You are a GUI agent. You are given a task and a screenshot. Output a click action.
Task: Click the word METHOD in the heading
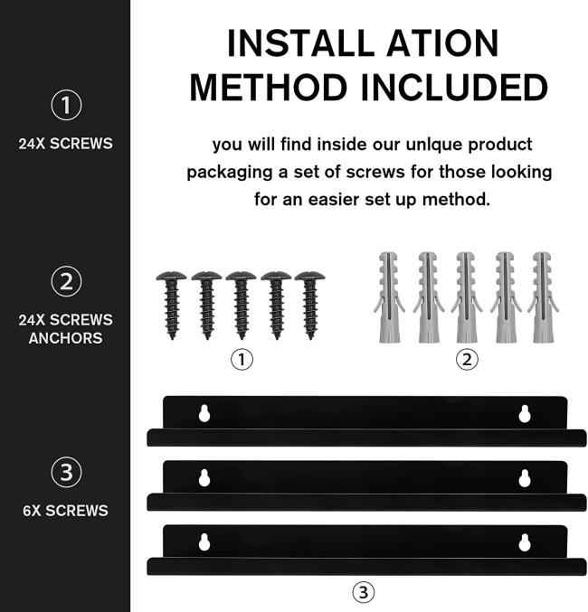coord(269,87)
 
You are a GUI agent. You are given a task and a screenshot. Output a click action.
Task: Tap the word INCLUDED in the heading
coord(454,87)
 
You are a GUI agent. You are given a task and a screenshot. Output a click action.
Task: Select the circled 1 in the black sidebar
coord(66,105)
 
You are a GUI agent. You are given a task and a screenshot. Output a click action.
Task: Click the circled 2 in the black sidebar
coord(66,281)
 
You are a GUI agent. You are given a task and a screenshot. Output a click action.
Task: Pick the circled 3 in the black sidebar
coord(66,472)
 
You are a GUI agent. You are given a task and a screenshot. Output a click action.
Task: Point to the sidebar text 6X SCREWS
coord(66,511)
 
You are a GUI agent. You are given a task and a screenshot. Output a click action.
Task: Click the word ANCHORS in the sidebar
coord(66,338)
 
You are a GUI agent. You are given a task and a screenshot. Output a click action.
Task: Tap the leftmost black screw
coord(172,306)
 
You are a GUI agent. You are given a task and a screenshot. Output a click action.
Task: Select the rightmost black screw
coord(309,306)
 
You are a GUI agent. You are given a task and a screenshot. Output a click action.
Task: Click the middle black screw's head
coord(241,276)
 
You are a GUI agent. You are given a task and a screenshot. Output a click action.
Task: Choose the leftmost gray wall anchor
coord(389,297)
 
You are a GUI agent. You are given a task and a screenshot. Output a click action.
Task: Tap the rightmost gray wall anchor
coord(543,297)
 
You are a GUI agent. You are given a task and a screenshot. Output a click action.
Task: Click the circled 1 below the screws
coord(242,360)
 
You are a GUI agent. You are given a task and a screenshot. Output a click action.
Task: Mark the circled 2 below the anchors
coord(467,360)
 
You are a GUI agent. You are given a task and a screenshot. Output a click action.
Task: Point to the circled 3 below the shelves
coord(364,592)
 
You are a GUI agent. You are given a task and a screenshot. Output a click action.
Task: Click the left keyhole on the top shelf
coord(204,414)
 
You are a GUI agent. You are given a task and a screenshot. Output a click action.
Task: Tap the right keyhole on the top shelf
coord(525,414)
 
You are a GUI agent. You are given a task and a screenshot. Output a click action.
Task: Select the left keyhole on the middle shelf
coord(204,478)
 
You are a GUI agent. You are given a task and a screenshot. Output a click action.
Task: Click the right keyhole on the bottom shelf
coord(525,542)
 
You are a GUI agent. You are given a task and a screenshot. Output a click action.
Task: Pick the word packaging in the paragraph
coord(230,173)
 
